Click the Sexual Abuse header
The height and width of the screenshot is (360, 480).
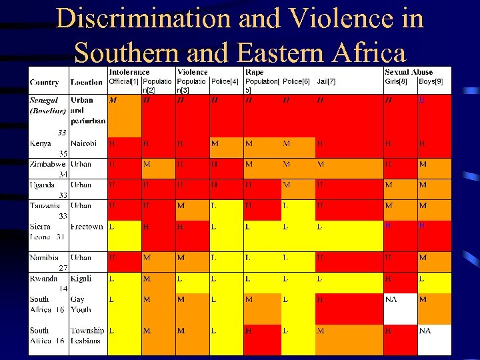[x=408, y=72]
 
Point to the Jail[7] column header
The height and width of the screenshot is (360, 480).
[x=326, y=81]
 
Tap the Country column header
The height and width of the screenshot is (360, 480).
[x=44, y=83]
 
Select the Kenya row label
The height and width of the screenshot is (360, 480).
[x=40, y=143]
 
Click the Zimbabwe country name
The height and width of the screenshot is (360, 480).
[x=47, y=164]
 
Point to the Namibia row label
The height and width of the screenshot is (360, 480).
[x=44, y=257]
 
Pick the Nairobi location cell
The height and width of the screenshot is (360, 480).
[x=83, y=143]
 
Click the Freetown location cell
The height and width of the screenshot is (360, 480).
[x=87, y=227]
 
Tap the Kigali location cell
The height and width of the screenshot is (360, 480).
[x=81, y=279]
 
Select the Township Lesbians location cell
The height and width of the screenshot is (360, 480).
[x=87, y=335]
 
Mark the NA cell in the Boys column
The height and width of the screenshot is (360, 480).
[x=425, y=331]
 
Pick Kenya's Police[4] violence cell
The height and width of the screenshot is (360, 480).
[x=215, y=143]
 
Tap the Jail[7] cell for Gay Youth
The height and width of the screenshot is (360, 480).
[x=321, y=300]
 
